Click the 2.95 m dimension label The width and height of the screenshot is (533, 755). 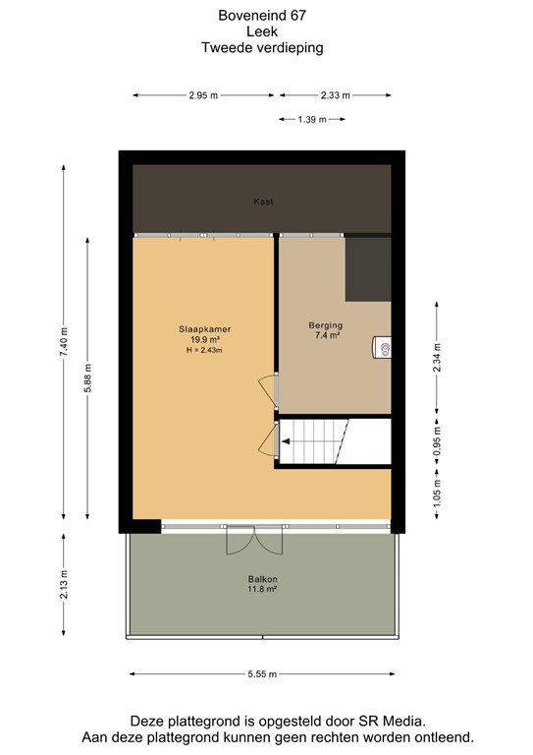click(204, 95)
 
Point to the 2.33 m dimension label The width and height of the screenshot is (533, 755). click(335, 95)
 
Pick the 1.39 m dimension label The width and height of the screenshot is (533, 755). click(312, 119)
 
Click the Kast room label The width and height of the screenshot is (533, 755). click(263, 202)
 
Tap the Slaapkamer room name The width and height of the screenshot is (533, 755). click(204, 328)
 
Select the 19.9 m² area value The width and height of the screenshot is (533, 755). click(204, 339)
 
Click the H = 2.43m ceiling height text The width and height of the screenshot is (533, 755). click(204, 350)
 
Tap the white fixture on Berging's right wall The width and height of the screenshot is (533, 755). click(382, 346)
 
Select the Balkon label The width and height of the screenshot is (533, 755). click(262, 579)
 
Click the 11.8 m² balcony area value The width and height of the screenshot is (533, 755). click(262, 590)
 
